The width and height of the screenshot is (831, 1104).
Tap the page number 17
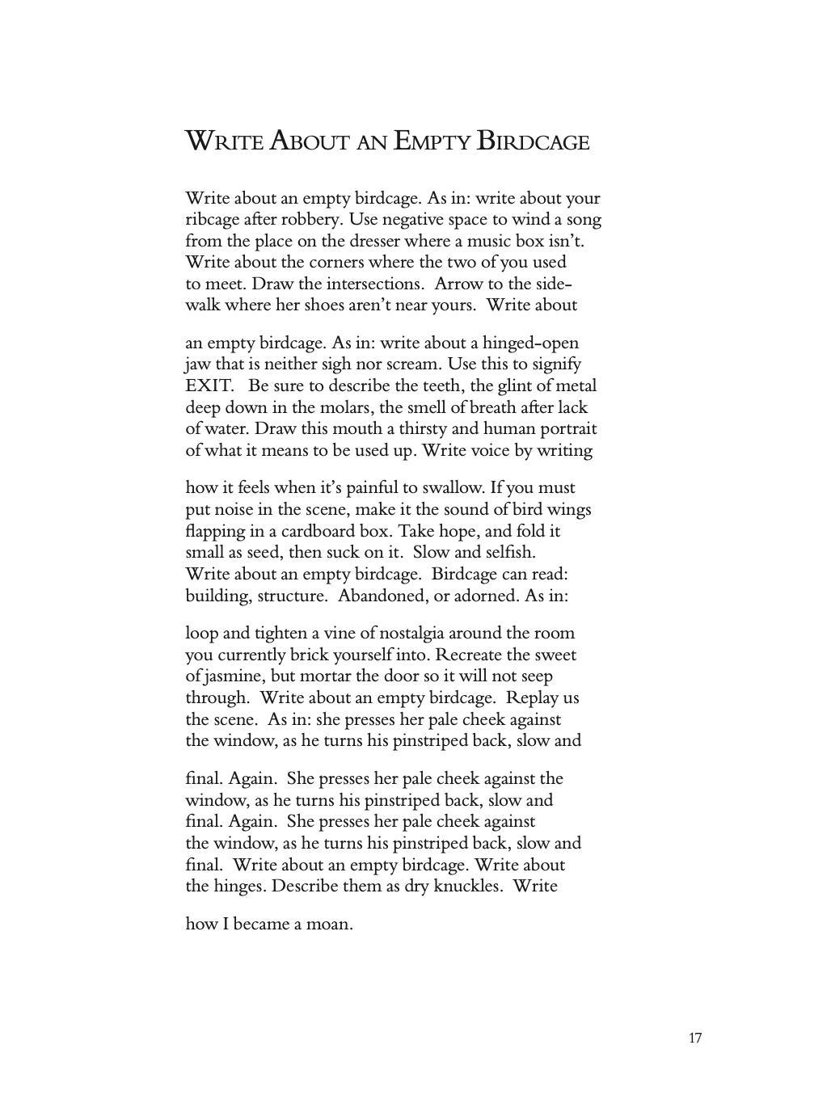click(695, 1039)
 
